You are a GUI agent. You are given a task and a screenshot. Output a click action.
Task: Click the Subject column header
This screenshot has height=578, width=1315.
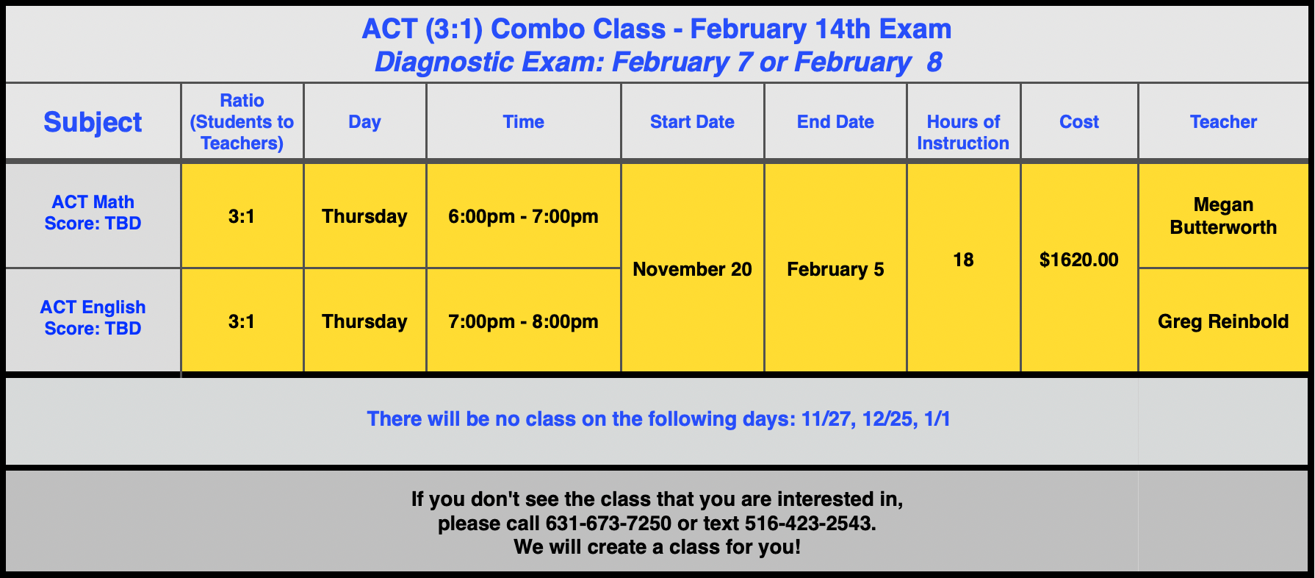click(93, 122)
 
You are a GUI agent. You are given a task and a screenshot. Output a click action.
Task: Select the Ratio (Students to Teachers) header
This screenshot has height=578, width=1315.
click(242, 122)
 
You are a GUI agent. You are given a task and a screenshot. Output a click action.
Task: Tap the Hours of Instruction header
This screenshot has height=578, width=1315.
click(962, 132)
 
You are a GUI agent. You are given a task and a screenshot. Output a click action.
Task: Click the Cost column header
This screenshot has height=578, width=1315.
click(1078, 122)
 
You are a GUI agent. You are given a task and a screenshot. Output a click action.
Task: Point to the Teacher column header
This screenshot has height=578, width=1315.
click(1223, 122)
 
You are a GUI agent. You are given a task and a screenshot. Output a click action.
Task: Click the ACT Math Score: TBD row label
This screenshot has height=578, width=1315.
click(93, 213)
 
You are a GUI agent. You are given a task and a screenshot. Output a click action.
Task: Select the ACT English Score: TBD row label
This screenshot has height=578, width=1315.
click(93, 318)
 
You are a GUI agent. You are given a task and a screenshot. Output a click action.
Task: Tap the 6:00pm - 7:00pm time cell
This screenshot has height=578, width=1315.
click(523, 216)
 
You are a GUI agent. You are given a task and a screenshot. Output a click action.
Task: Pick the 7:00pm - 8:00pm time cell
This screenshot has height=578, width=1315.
click(523, 321)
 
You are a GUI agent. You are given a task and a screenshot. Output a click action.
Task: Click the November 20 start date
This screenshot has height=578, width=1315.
click(692, 269)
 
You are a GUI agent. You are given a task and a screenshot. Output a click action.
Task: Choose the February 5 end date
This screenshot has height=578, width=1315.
click(835, 269)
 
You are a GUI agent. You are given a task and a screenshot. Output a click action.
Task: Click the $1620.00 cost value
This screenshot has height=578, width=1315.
click(1078, 260)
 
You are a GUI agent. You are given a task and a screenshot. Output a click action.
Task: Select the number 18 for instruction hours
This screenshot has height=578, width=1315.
click(962, 260)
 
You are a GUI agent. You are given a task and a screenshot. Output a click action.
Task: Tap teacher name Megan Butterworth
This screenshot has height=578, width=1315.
click(1223, 216)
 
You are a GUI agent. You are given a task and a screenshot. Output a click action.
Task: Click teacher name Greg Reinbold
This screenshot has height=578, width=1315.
click(1223, 321)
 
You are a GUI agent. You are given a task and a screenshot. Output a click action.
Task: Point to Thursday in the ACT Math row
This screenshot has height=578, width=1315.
click(364, 216)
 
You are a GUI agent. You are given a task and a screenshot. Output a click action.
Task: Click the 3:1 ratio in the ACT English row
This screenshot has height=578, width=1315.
click(242, 321)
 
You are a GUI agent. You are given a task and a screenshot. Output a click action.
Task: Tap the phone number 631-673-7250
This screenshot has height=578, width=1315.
click(608, 524)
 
